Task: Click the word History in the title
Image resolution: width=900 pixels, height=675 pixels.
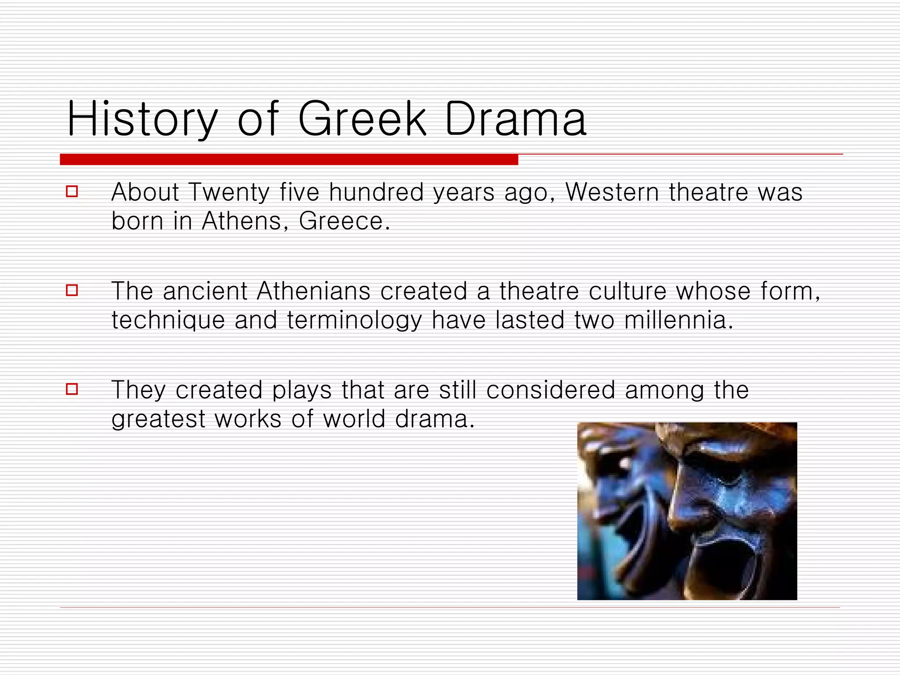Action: [x=142, y=119]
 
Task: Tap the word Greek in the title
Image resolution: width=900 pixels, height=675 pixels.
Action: [x=362, y=119]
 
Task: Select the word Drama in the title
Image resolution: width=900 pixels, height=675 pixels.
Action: [x=515, y=119]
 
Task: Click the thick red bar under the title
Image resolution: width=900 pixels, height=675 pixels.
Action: [x=289, y=160]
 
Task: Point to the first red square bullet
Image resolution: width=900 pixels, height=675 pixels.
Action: [x=72, y=192]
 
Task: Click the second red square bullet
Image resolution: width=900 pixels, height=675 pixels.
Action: [x=72, y=290]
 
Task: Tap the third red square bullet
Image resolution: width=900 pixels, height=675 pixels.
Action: [x=72, y=389]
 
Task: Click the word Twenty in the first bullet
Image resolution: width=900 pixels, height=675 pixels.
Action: [x=229, y=193]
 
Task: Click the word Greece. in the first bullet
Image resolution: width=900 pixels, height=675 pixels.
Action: [x=344, y=221]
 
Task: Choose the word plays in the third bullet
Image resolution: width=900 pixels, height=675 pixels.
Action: [x=301, y=391]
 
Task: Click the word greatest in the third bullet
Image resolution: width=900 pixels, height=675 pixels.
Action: [x=158, y=420]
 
